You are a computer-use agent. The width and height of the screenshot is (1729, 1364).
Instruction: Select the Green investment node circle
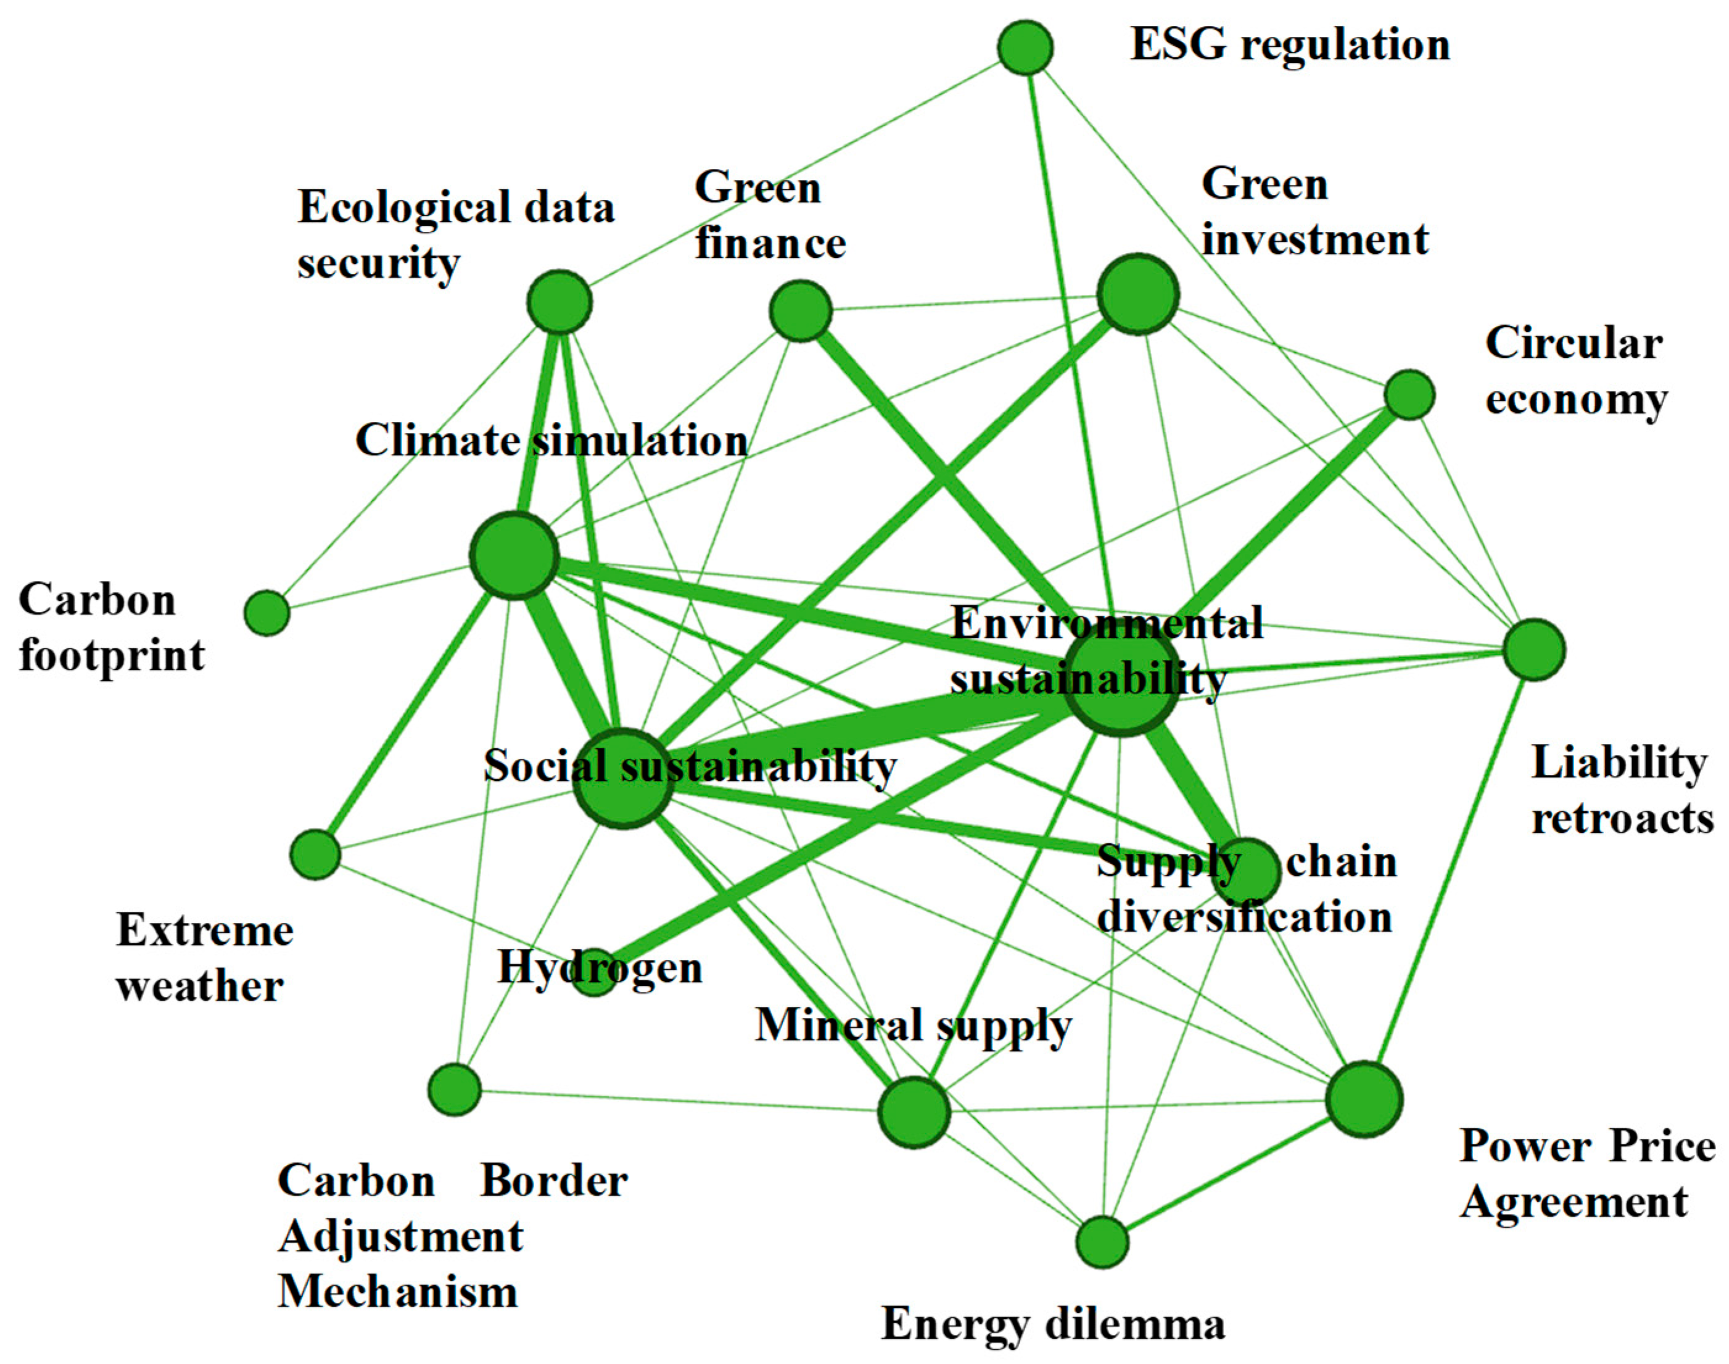(x=1138, y=294)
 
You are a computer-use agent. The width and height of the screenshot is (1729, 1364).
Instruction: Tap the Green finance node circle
(x=800, y=311)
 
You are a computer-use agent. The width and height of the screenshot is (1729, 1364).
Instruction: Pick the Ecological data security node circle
(x=559, y=302)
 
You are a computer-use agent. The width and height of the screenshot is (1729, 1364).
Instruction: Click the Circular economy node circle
(x=1409, y=394)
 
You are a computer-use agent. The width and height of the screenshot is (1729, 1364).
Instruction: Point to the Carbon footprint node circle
(x=266, y=613)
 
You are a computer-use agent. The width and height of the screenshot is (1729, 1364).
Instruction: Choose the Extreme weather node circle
(x=315, y=854)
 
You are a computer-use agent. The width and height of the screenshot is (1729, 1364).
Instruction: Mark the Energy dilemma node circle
(x=1102, y=1242)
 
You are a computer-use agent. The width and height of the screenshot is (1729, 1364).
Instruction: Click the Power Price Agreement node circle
(x=1364, y=1099)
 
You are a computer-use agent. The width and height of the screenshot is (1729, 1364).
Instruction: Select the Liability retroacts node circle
(x=1533, y=649)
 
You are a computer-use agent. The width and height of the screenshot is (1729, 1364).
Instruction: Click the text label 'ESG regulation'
(x=1290, y=44)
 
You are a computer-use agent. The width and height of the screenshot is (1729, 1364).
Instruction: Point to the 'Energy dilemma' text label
(x=1052, y=1324)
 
